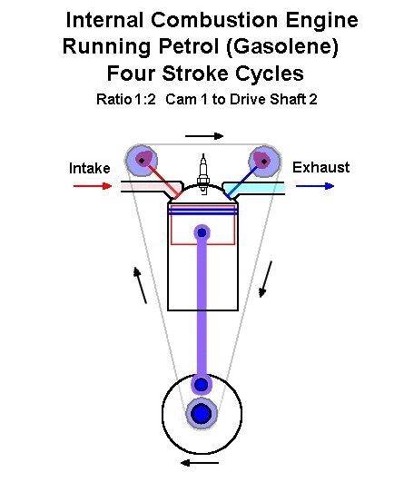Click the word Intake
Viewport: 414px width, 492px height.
click(x=90, y=168)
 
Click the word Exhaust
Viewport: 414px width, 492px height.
click(x=320, y=167)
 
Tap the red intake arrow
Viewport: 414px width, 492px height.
click(x=93, y=186)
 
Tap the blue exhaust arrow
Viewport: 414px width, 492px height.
click(x=315, y=186)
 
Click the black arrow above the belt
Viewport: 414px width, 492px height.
click(x=204, y=136)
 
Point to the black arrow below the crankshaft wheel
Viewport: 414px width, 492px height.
click(x=200, y=463)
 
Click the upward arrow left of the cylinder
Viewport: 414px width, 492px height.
click(x=141, y=285)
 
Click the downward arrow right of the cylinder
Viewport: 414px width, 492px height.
click(x=265, y=279)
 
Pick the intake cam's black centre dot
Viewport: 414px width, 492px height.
click(x=142, y=161)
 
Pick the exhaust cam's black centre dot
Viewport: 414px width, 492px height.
click(x=264, y=162)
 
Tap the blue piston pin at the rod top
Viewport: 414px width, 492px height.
click(x=202, y=232)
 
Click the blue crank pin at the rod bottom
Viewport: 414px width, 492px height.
click(x=201, y=384)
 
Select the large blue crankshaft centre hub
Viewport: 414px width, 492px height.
click(x=202, y=414)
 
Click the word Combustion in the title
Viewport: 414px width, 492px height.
click(x=214, y=20)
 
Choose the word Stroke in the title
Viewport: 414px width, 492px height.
click(x=194, y=74)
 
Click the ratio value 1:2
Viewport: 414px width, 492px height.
click(x=145, y=100)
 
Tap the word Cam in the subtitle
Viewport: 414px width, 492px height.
click(x=181, y=100)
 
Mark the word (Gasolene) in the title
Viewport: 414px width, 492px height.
click(x=281, y=47)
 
